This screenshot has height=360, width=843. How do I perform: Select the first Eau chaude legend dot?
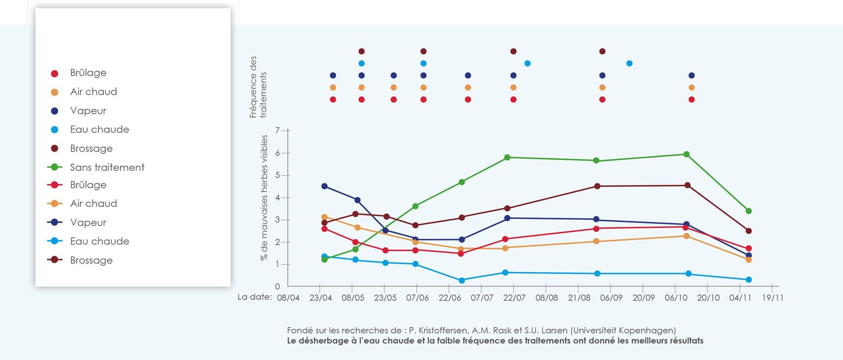pos(54,130)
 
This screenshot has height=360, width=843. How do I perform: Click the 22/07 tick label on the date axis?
pos(514,298)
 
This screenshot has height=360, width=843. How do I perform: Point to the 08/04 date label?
pos(288,298)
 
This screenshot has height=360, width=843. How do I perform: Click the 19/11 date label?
pos(772,298)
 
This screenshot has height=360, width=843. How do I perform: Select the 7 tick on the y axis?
pos(277,130)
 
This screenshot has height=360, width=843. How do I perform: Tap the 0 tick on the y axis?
pos(277,287)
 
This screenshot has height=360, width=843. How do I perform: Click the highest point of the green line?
pos(686,154)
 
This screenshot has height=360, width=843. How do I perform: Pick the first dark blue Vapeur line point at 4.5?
pos(324,186)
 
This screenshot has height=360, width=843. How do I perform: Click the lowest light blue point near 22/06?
pos(461,280)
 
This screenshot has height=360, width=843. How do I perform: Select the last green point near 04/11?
pos(749,211)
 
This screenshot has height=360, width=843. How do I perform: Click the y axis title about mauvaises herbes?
pos(264,198)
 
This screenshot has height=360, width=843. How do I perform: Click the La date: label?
pos(255,297)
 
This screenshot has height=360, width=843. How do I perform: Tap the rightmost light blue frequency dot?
pos(629,63)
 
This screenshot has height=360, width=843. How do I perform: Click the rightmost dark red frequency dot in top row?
pos(602,51)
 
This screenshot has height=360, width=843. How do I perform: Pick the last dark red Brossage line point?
pos(749,231)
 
